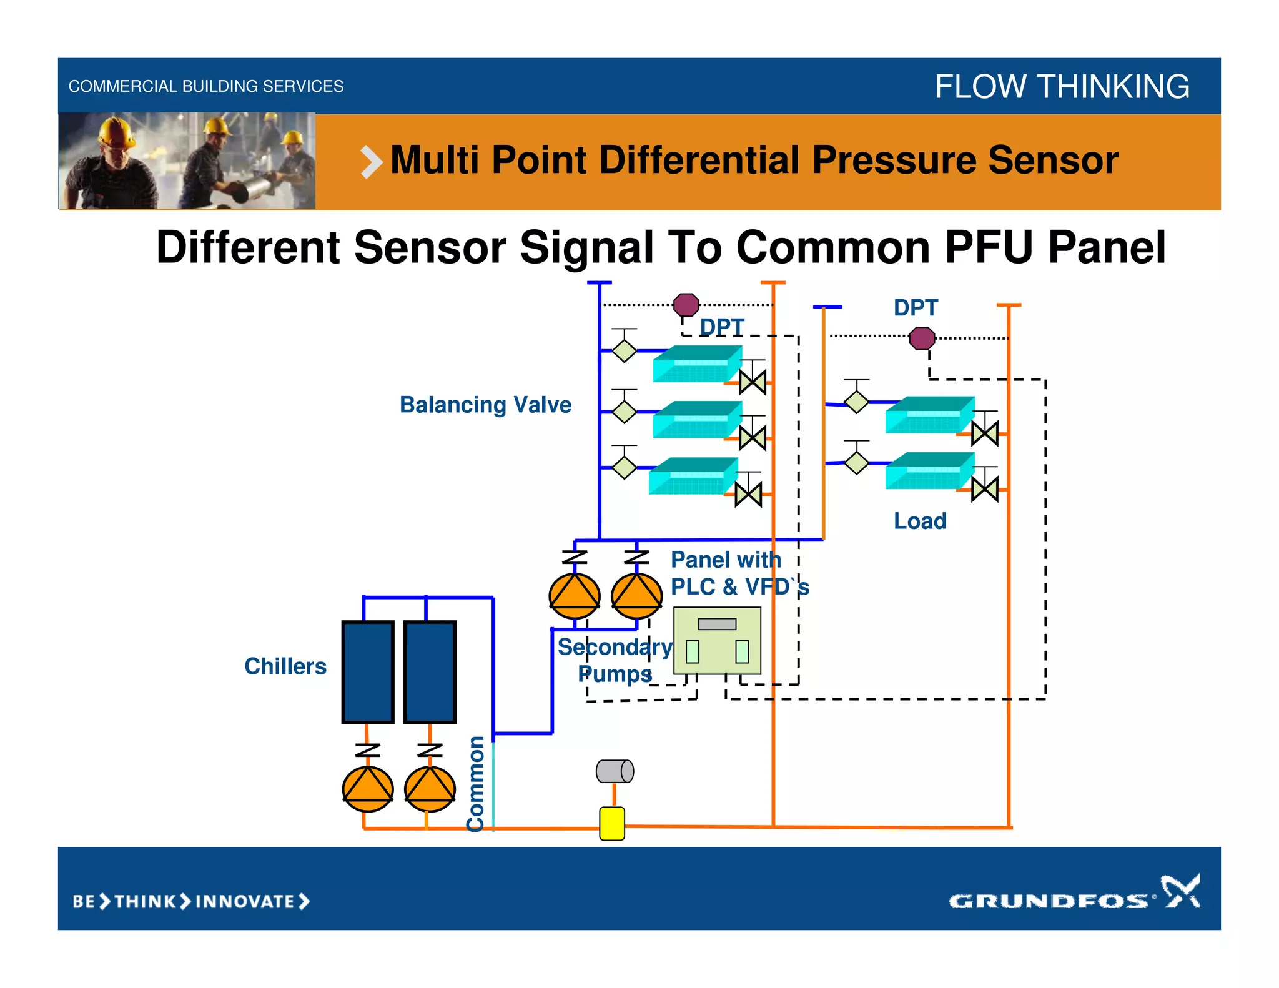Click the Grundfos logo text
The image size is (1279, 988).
pyautogui.click(x=1049, y=901)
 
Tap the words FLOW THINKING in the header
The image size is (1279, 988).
pyautogui.click(x=1062, y=86)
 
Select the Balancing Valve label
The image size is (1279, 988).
pyautogui.click(x=485, y=405)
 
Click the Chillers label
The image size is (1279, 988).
pyautogui.click(x=285, y=666)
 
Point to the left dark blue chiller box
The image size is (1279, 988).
pyautogui.click(x=368, y=672)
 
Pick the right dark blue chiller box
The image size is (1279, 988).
pyautogui.click(x=430, y=672)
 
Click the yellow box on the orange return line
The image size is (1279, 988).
pyautogui.click(x=612, y=823)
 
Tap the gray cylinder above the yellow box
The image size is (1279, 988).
pyautogui.click(x=615, y=771)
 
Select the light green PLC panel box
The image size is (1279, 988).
pyautogui.click(x=717, y=641)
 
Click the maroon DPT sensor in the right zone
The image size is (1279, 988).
pyautogui.click(x=922, y=338)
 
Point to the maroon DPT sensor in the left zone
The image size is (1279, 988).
pyautogui.click(x=686, y=305)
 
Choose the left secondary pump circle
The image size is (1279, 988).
pyautogui.click(x=575, y=596)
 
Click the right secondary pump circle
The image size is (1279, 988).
pyautogui.click(x=636, y=596)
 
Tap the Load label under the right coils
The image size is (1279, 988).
pyautogui.click(x=920, y=521)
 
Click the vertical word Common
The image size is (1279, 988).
pyautogui.click(x=476, y=784)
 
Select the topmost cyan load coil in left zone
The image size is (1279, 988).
pyautogui.click(x=697, y=364)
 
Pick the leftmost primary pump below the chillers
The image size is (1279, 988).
pyautogui.click(x=368, y=789)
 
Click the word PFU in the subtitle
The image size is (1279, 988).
pyautogui.click(x=991, y=247)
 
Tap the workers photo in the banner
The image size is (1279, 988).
pyautogui.click(x=187, y=161)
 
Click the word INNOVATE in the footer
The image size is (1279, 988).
pyautogui.click(x=245, y=901)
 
